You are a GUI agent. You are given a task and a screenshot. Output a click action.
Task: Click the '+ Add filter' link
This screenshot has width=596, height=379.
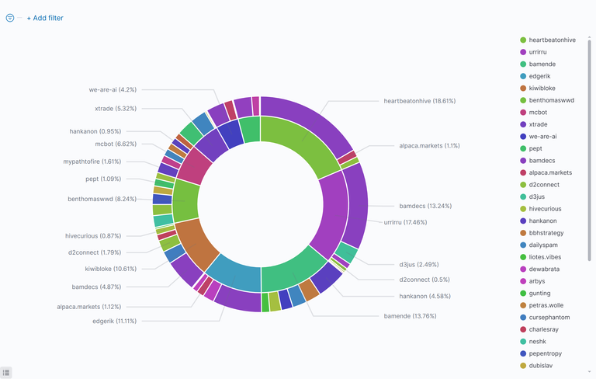[x=45, y=18]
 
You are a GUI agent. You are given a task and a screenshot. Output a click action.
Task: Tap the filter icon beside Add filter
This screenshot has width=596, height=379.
[x=10, y=18]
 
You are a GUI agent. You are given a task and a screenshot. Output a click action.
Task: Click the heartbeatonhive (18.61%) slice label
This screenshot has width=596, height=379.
[x=419, y=101]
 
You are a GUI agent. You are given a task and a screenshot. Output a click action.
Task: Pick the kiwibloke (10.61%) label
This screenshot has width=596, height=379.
[x=110, y=269]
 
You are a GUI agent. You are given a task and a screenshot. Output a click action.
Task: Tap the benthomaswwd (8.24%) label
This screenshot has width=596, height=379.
[x=102, y=199]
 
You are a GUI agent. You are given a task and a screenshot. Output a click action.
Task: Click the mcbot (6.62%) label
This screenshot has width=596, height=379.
[x=115, y=144]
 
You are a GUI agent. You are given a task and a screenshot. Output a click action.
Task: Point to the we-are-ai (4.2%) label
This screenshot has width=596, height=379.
[x=113, y=89]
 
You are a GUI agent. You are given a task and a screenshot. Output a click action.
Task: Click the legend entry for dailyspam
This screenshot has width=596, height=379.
[x=546, y=245]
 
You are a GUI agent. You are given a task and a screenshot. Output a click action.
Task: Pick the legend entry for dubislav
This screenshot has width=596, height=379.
[x=542, y=366]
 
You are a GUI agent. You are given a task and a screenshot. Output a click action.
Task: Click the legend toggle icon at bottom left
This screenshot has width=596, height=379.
[x=6, y=373]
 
